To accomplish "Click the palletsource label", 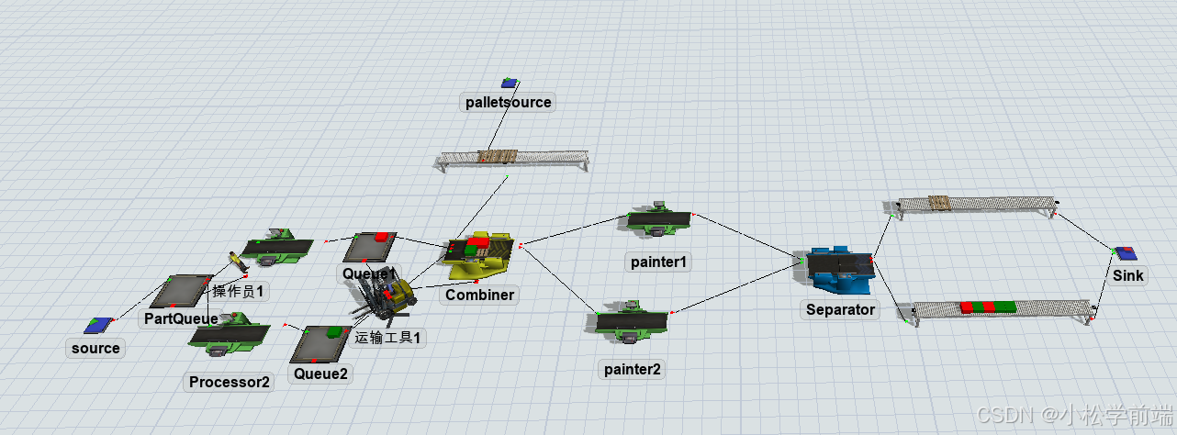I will (x=508, y=102).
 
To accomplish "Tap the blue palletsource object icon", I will (x=508, y=84).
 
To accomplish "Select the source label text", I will (x=95, y=349).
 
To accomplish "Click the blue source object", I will (x=98, y=325).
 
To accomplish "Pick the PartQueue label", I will (x=180, y=318).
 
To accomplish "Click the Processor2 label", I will (x=230, y=382).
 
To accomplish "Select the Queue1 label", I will (x=368, y=273).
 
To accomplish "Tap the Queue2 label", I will (x=320, y=374).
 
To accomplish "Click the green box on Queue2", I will (x=334, y=330).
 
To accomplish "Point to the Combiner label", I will (x=479, y=295).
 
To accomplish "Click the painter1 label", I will (x=659, y=262).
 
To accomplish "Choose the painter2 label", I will (x=633, y=370).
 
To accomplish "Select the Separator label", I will (x=840, y=309).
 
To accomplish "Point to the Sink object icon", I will (x=1124, y=251).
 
